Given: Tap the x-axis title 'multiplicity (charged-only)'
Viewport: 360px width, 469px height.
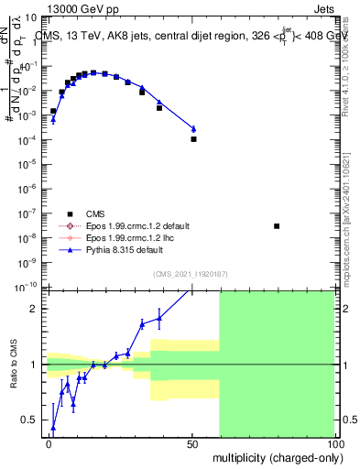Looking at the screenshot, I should [274, 456].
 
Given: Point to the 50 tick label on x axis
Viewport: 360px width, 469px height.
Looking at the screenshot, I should [191, 443].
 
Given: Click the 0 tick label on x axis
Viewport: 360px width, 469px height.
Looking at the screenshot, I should [49, 443].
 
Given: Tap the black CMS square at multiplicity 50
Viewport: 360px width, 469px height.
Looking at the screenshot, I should [193, 139].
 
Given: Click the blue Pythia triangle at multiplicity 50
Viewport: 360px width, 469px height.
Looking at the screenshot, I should [193, 128].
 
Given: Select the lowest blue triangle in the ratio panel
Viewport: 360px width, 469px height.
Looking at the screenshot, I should [53, 428].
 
